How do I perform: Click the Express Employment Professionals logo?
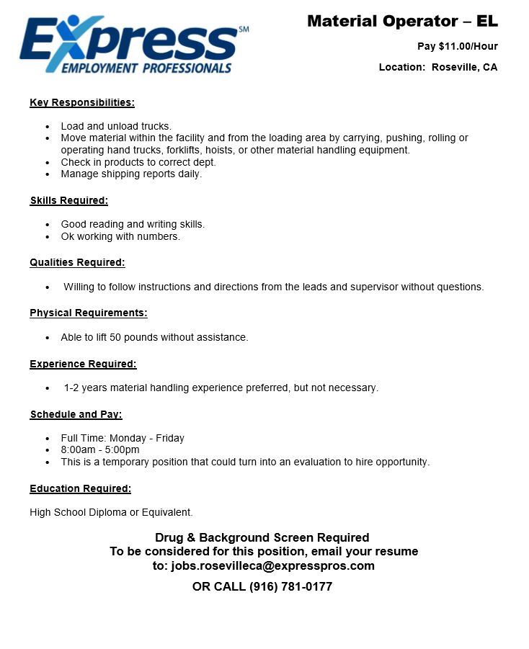(133, 45)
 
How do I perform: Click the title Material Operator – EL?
(402, 22)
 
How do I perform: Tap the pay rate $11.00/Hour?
(468, 46)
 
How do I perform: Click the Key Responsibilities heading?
(82, 102)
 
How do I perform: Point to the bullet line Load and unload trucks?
(116, 126)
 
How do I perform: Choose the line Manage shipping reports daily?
(131, 174)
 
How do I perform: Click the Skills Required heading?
(69, 200)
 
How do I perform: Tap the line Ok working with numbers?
(120, 236)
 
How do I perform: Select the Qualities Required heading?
(77, 262)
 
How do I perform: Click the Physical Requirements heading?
(89, 313)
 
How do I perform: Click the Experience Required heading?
(83, 364)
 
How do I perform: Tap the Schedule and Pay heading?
(76, 414)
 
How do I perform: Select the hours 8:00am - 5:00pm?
(100, 449)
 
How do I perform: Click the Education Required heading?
(80, 488)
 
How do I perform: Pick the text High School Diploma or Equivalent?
(111, 512)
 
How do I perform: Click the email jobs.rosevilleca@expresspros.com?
(272, 565)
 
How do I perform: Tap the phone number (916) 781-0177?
(290, 586)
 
